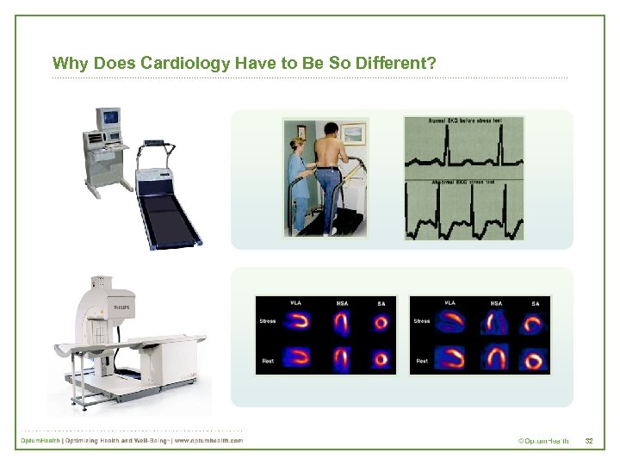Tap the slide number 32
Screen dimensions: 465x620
[x=589, y=441]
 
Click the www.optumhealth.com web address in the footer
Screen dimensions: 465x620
[x=208, y=441]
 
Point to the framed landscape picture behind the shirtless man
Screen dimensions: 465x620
[x=353, y=134]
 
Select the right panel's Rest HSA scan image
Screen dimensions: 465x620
[x=497, y=357]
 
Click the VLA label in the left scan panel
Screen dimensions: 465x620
[x=295, y=302]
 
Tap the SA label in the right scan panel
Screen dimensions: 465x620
[x=535, y=302]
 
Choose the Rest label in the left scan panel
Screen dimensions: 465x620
[x=268, y=361]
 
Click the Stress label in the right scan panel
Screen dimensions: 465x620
[x=422, y=321]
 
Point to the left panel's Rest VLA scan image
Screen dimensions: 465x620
[x=300, y=356]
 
